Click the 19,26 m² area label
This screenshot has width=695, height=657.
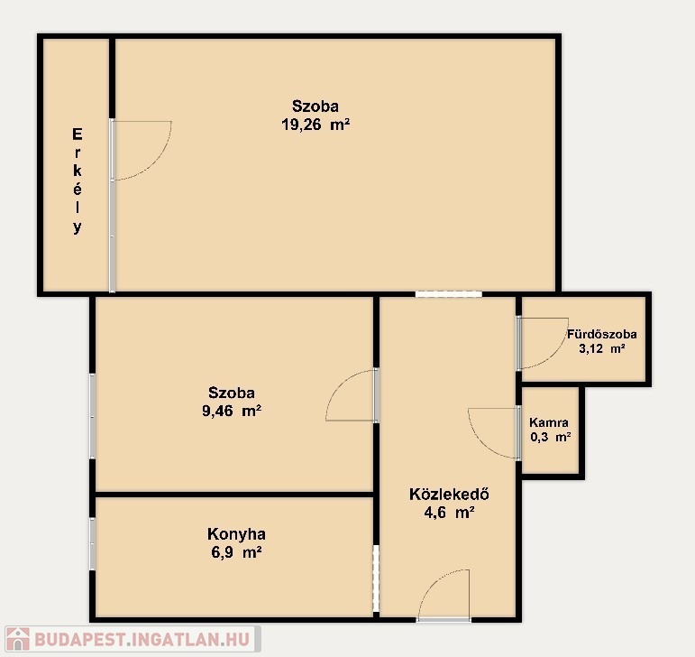(315, 125)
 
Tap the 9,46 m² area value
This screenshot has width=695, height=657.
(232, 412)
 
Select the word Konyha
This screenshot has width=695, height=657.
(236, 534)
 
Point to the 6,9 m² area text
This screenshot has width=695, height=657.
(236, 552)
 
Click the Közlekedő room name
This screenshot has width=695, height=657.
(449, 495)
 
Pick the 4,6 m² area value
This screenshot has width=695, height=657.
(450, 513)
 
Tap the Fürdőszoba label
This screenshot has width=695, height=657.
(602, 334)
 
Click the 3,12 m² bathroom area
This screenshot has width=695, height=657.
(602, 348)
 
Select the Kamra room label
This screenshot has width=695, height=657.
(549, 422)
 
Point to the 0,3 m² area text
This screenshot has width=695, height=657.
(550, 437)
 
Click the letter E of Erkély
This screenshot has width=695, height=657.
(78, 134)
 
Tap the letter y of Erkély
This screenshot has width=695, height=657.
(78, 227)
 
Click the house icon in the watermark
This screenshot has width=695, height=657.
(17, 639)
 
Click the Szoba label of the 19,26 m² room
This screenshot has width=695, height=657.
(315, 106)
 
